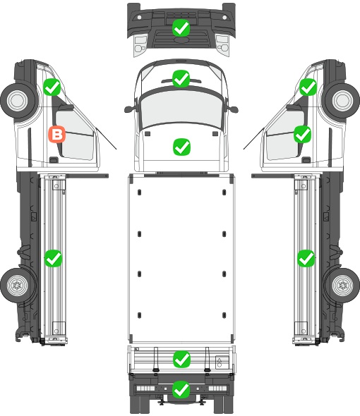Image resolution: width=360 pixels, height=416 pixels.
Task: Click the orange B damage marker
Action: pos(57,134)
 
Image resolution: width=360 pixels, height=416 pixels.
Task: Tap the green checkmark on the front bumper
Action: pos(181,27)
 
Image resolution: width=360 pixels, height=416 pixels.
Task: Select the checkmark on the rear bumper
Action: pos(181,389)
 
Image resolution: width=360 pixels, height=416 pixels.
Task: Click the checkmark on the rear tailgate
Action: pos(181,360)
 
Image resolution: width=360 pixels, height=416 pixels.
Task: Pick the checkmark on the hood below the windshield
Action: pos(181,147)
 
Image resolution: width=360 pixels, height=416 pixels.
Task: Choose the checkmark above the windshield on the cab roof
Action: pos(181,78)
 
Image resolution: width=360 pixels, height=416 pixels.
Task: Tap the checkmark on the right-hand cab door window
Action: pos(302,134)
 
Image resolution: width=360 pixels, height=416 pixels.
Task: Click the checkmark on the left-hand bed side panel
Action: pos(53,258)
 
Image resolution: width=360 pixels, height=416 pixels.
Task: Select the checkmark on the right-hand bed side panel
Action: pos(306,258)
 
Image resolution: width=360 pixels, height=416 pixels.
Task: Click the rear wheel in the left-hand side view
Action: pos(18,286)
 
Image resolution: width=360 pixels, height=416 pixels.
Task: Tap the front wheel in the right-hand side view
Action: pos(342,100)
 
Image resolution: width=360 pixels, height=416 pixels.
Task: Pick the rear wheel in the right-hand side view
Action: pos(342,286)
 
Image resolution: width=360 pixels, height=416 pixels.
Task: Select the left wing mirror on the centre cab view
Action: pos(129,109)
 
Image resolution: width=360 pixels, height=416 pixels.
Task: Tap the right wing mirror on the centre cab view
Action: pos(233,109)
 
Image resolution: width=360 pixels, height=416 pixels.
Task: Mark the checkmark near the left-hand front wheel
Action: pos(52,87)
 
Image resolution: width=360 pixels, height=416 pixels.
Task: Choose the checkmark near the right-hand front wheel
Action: pos(308,87)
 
